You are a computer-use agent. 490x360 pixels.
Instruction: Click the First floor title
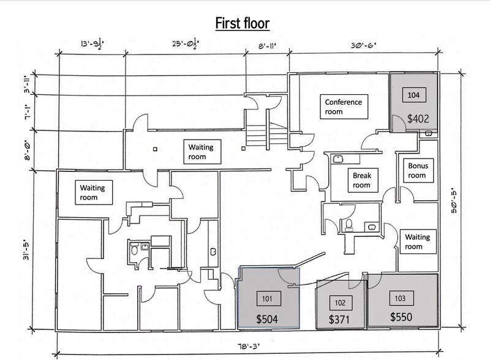[244, 23]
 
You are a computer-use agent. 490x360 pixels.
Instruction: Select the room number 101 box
[266, 298]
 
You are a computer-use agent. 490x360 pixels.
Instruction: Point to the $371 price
[341, 320]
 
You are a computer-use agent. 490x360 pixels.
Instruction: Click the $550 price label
[401, 318]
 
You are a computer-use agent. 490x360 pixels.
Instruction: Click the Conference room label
[343, 107]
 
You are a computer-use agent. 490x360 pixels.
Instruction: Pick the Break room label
[361, 180]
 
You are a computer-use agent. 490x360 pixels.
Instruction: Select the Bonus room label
[417, 171]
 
